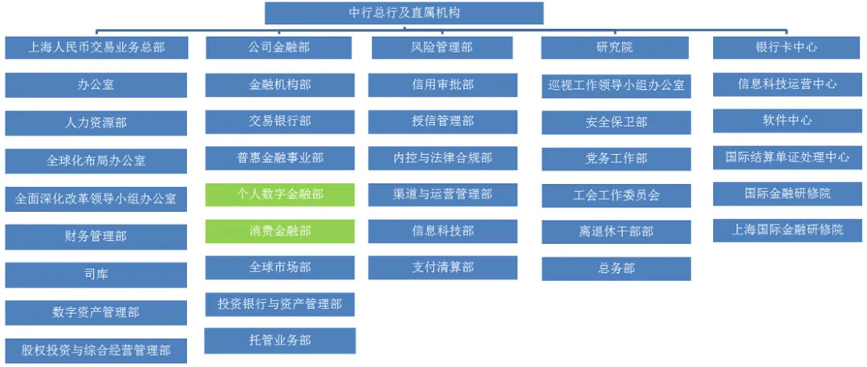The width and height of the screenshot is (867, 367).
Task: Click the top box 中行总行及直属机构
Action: [x=404, y=13]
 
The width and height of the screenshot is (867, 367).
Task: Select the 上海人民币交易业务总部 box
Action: [x=96, y=47]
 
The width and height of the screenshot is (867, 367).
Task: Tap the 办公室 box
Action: [x=96, y=84]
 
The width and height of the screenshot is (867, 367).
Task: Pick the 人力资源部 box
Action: [x=96, y=123]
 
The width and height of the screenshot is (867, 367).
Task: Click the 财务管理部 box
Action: [x=96, y=237]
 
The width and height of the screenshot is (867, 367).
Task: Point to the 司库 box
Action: [x=96, y=275]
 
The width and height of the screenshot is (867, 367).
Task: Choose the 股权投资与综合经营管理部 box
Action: [x=96, y=350]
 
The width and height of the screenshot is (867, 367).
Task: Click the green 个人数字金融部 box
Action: [x=279, y=194]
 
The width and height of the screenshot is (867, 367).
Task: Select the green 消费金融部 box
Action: [x=279, y=231]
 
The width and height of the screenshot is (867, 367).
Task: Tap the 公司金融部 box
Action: [x=279, y=47]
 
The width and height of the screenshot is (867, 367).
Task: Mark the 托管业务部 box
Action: [x=279, y=340]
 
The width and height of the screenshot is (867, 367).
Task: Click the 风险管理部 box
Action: [x=443, y=47]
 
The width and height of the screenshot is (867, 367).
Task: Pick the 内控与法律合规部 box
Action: [x=443, y=158]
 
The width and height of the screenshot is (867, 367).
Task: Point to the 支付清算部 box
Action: [x=443, y=267]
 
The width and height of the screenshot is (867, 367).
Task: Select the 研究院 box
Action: [x=616, y=47]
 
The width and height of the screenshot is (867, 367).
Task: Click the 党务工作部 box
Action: [x=616, y=158]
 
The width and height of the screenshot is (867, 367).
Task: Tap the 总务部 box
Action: [x=616, y=268]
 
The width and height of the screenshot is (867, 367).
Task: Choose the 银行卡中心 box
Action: [x=788, y=47]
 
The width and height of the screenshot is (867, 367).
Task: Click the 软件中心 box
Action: [x=788, y=120]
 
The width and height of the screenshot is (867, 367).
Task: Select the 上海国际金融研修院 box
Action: [x=788, y=230]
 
